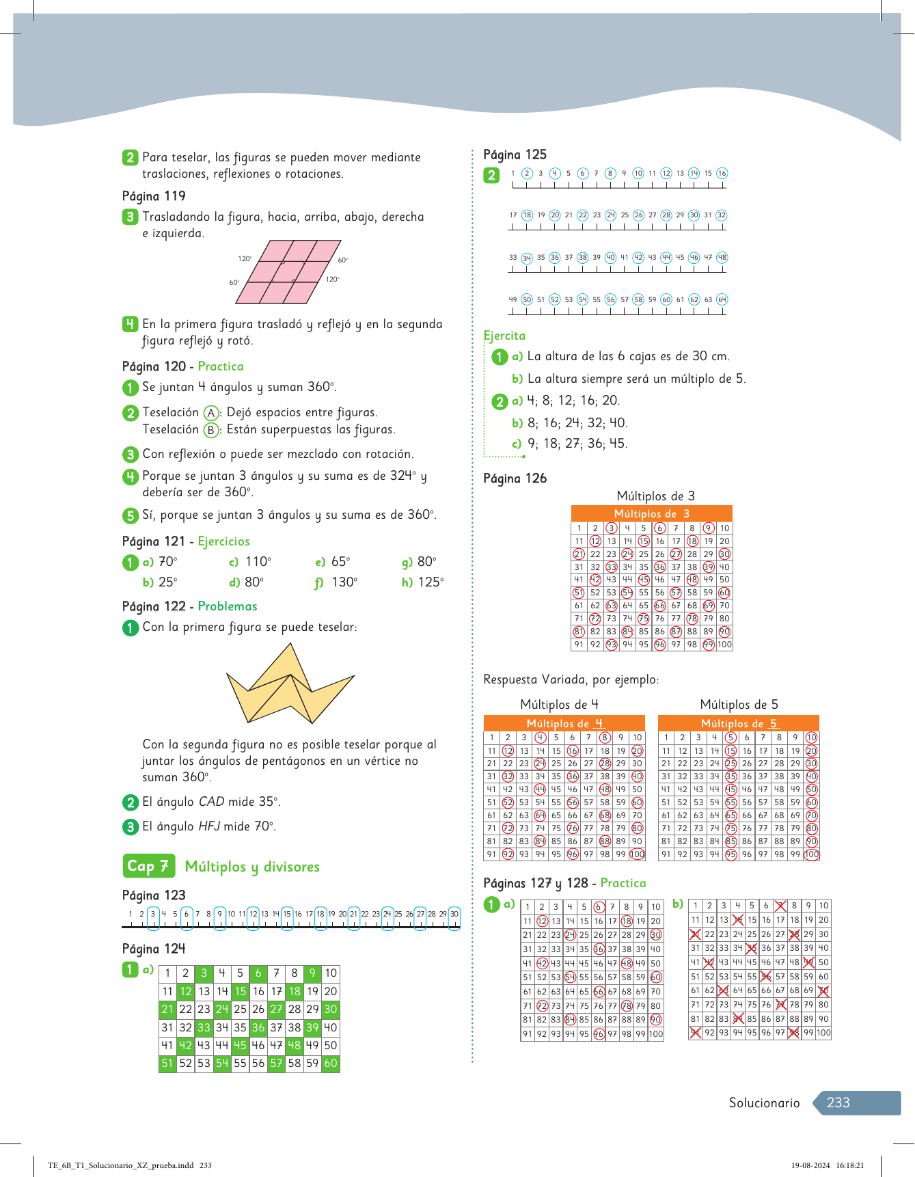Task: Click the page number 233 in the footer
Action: tap(838, 1102)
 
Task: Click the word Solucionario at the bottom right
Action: tap(764, 1102)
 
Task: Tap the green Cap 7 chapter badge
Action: tap(148, 866)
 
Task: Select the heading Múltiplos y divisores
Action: tap(252, 867)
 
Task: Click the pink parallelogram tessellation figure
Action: tap(288, 271)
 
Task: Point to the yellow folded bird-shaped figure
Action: tap(290, 686)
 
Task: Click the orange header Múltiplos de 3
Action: tap(651, 513)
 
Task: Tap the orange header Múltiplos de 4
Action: tap(564, 723)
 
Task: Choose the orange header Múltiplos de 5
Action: tap(739, 723)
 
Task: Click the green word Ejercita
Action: tap(504, 336)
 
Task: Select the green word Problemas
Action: tap(228, 606)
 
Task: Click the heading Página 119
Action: tap(154, 196)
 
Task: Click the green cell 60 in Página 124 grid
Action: tap(331, 1064)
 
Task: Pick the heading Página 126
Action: tap(515, 478)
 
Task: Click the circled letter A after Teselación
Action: tap(211, 413)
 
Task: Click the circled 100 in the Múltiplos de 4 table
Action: tap(637, 854)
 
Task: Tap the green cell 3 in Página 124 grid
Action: tap(204, 973)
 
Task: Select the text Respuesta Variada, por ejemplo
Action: tap(571, 679)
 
